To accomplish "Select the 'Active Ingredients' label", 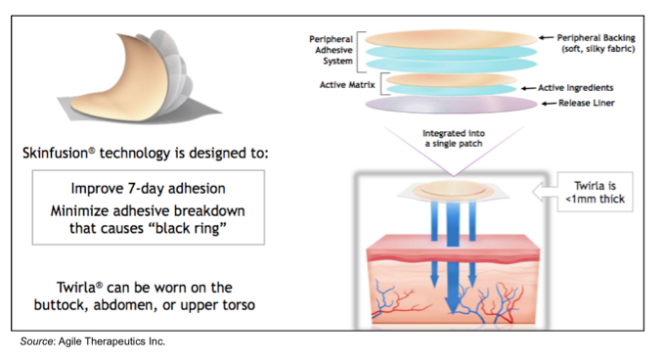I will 585,88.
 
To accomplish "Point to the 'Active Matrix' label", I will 345,84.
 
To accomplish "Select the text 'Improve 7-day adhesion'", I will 149,189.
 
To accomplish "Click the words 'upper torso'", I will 222,305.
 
